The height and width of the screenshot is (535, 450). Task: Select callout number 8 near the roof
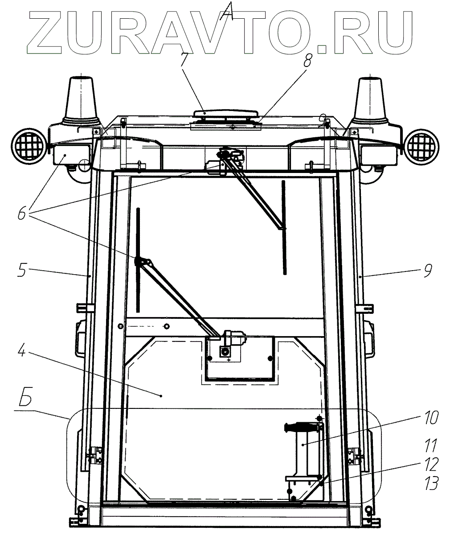[307, 62]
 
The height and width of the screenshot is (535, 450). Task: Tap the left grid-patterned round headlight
[29, 146]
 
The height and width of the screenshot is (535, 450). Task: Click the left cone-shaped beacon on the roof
[82, 100]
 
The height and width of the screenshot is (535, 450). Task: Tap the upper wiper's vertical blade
[284, 227]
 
